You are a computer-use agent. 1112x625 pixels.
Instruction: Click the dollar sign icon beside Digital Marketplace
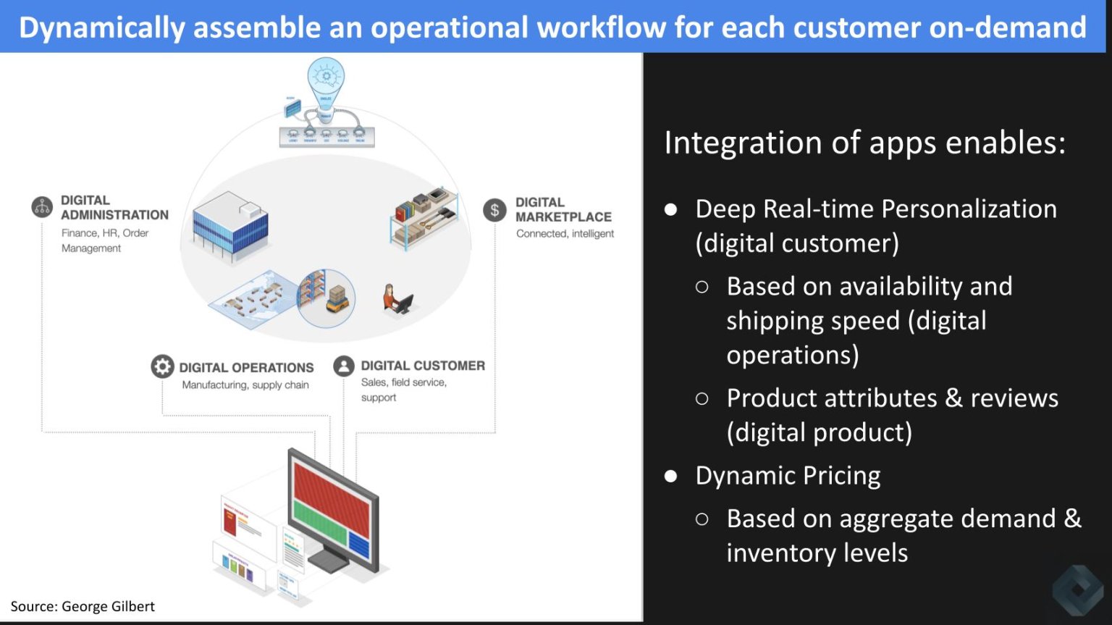(494, 211)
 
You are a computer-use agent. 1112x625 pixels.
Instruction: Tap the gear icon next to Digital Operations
(162, 366)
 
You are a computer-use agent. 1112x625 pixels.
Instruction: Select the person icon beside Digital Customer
(344, 366)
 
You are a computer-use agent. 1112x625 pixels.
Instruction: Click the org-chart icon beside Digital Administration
(43, 207)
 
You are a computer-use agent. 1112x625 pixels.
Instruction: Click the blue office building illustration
(230, 225)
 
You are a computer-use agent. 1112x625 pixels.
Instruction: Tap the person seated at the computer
(395, 298)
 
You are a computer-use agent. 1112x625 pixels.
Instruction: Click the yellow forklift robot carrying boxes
(337, 298)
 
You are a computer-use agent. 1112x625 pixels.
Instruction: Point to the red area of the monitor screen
(332, 492)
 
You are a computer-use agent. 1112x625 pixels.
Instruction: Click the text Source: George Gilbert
(83, 606)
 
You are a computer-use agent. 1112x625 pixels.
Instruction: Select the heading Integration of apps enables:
(864, 143)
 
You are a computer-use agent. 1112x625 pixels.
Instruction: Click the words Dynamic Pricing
(788, 476)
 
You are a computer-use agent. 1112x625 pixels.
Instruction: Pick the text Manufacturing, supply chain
(245, 385)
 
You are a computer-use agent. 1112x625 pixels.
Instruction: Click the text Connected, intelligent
(565, 234)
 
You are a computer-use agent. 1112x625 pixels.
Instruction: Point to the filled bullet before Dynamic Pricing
(671, 476)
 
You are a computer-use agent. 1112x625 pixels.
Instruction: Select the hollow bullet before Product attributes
(702, 398)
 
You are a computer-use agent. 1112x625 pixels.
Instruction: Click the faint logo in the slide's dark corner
(1077, 590)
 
